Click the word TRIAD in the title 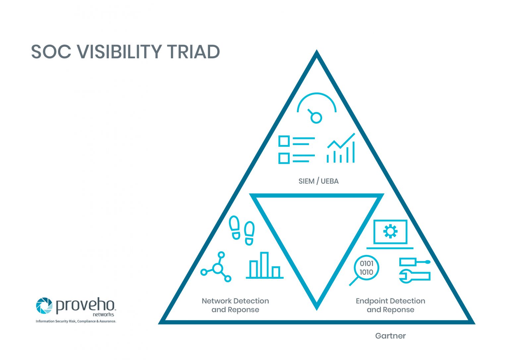193,52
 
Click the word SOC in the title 51,52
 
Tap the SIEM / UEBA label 318,181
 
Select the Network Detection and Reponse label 235,305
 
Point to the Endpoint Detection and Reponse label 390,305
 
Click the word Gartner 390,336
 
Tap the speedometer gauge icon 316,108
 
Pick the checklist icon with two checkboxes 296,150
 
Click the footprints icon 242,231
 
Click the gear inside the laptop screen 390,231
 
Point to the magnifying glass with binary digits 365,269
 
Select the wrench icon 414,276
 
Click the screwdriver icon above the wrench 414,262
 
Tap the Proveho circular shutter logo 44,305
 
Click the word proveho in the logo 85,305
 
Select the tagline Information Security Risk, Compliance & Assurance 76,321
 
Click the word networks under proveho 103,315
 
